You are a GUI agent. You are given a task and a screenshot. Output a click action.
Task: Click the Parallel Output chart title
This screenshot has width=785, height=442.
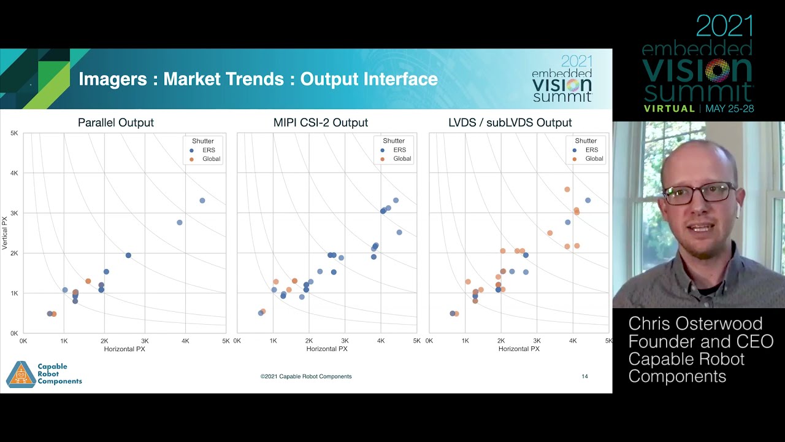pos(116,123)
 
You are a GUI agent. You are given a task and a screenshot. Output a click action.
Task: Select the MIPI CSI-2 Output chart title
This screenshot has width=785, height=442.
pos(321,123)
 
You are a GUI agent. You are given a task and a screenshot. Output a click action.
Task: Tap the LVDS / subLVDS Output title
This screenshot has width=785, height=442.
pos(510,123)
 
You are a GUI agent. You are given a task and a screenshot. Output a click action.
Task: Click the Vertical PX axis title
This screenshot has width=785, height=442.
pos(5,233)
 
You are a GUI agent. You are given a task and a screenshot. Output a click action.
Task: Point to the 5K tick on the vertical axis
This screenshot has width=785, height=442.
pos(14,133)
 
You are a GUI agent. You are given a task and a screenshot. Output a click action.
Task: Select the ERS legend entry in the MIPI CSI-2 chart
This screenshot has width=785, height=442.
pos(399,150)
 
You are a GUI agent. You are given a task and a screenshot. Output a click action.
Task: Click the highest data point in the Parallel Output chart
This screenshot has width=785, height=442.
pos(202,201)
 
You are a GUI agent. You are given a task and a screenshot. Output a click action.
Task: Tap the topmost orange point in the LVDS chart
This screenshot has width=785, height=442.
pos(567,190)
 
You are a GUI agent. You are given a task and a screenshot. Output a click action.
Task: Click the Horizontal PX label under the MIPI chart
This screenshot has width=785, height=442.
pos(327,349)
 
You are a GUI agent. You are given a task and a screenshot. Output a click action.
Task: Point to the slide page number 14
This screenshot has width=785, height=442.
pos(584,376)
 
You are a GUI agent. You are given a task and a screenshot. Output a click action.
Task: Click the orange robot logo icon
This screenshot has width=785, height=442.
pos(21,374)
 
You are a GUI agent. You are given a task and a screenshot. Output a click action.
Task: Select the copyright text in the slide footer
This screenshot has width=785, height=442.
pos(306,376)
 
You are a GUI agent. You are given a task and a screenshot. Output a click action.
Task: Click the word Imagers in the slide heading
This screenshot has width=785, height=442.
pos(113,79)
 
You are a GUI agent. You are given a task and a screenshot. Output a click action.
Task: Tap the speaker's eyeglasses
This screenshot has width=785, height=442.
pos(699,193)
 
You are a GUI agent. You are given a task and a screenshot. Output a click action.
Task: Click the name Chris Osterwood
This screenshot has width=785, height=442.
pos(695,324)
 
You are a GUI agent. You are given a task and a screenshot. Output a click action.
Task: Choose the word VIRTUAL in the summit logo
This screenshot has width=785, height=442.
pos(668,109)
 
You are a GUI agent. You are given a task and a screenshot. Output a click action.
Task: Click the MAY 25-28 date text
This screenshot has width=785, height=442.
pos(729,109)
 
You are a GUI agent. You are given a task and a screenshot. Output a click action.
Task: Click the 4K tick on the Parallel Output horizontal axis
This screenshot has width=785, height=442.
pos(185,341)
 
